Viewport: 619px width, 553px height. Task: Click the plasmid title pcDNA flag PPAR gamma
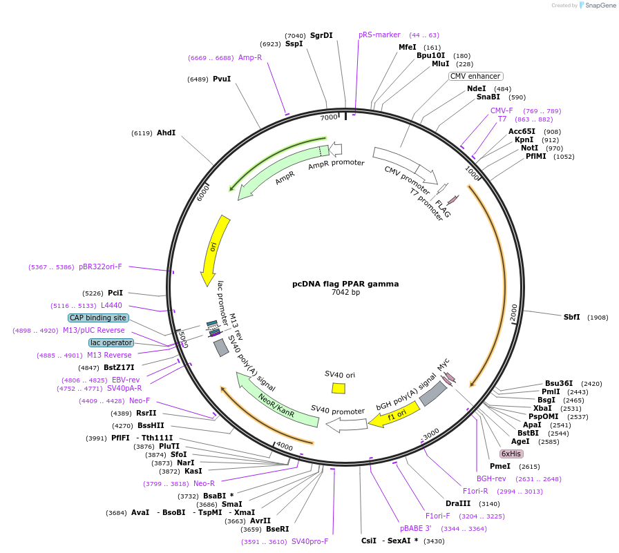point(345,284)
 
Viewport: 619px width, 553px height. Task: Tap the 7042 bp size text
point(345,293)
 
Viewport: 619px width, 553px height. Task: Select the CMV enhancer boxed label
point(476,76)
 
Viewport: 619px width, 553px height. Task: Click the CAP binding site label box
point(98,318)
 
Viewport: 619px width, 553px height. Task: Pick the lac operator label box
point(111,342)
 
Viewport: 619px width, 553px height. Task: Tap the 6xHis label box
point(511,454)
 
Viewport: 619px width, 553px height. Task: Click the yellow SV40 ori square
point(339,388)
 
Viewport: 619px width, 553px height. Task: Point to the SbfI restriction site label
point(572,317)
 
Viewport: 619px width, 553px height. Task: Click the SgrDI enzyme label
point(321,35)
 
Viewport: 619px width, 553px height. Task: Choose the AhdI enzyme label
point(166,133)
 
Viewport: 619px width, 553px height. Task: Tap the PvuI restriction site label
point(222,79)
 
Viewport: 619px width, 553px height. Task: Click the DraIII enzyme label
point(458,503)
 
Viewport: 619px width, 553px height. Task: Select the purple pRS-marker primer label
point(379,35)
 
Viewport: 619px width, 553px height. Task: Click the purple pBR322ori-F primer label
point(100,266)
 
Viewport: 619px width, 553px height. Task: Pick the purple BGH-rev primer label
point(491,478)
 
